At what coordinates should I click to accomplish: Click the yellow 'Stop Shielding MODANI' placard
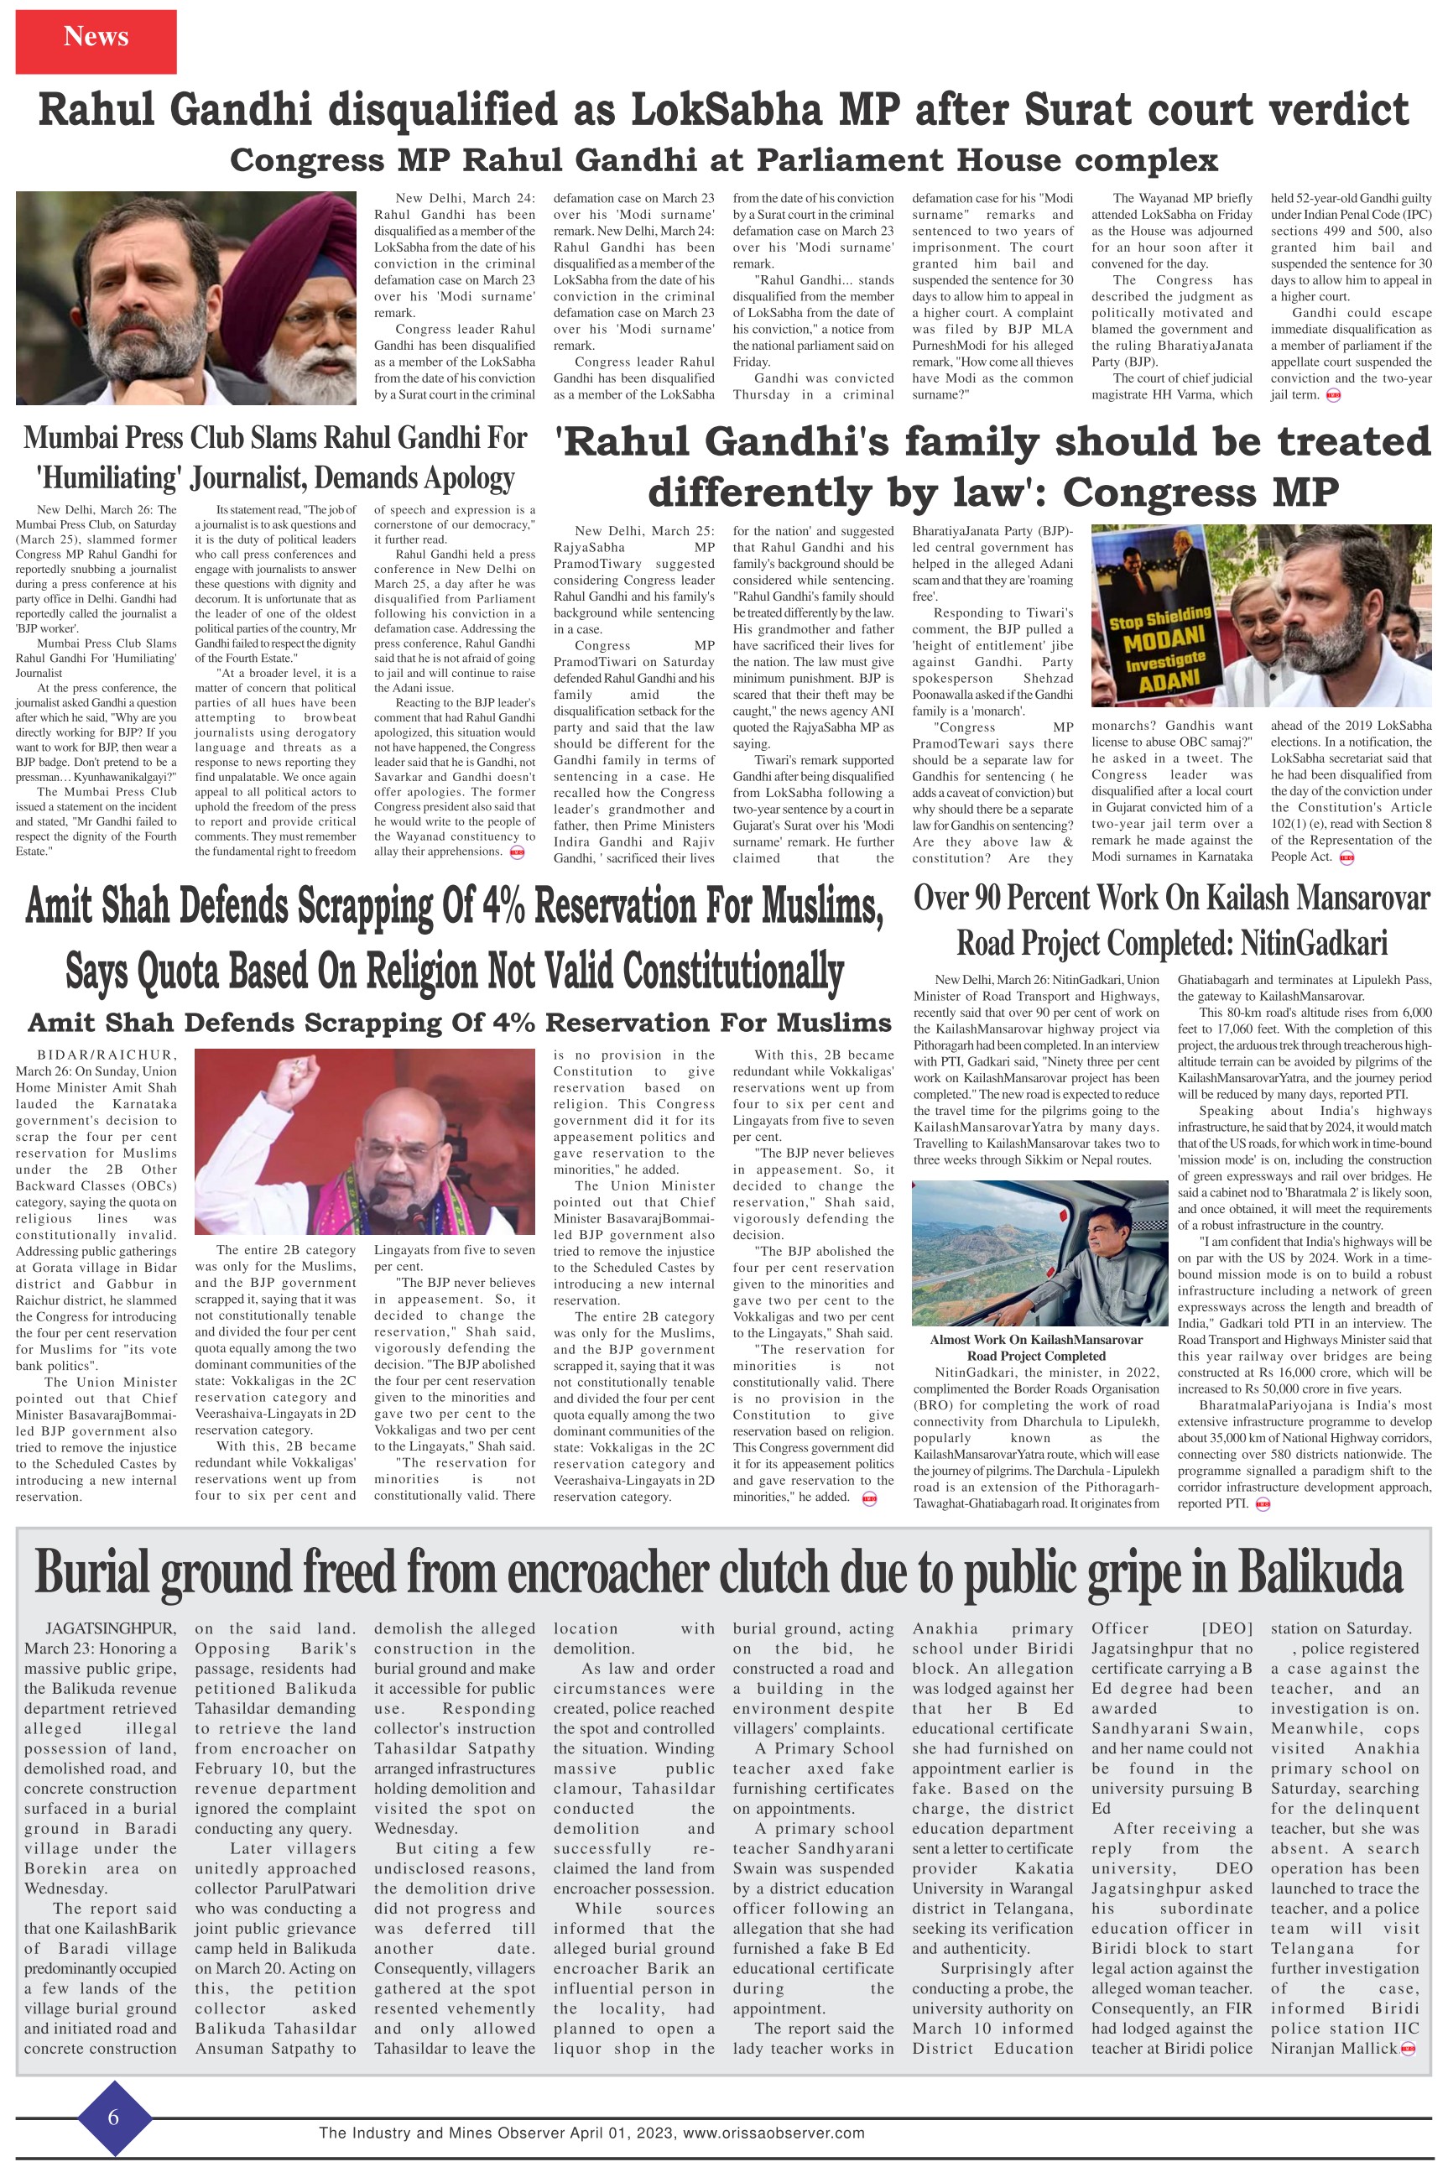pyautogui.click(x=1160, y=649)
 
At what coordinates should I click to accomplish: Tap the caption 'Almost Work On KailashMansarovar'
pyautogui.click(x=1035, y=1339)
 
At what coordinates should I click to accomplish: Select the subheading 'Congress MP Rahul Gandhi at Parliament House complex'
pyautogui.click(x=723, y=159)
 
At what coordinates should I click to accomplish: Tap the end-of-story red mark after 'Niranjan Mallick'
pyautogui.click(x=1409, y=2049)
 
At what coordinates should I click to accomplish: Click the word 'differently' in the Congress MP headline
pyautogui.click(x=758, y=492)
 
